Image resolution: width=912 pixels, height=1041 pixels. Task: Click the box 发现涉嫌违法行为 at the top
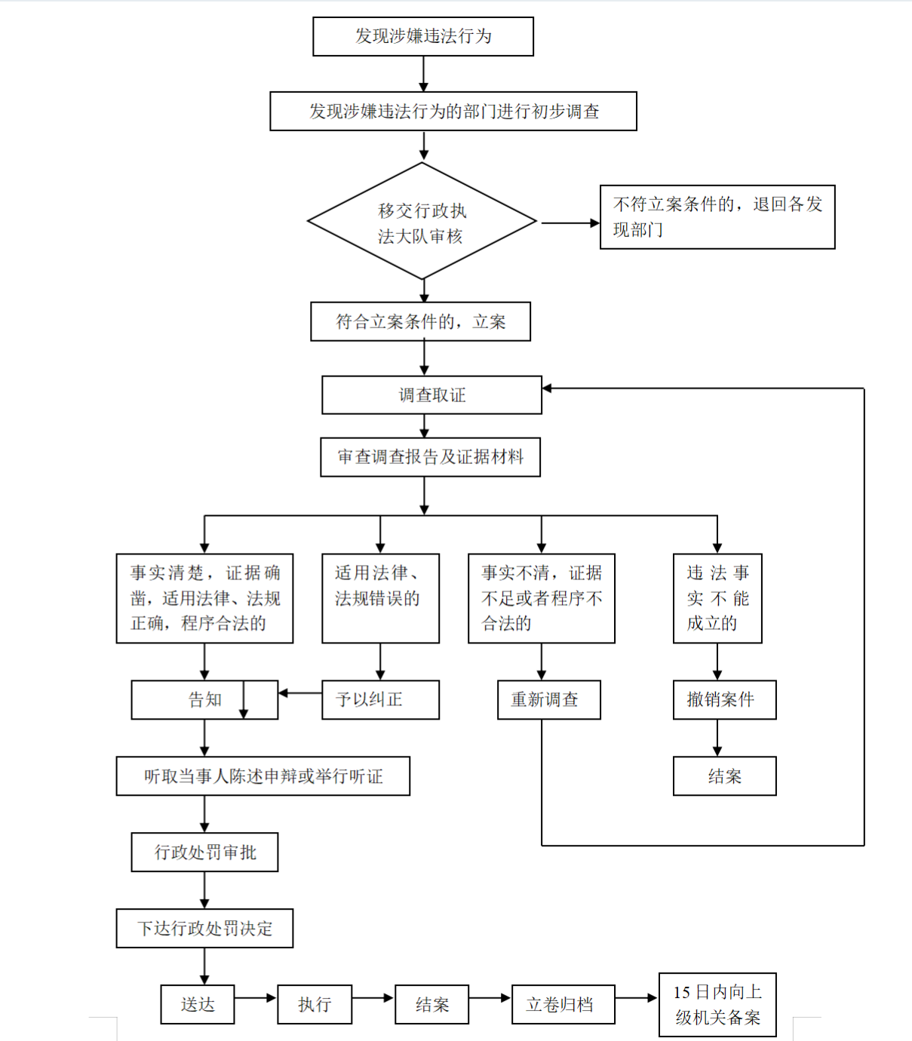[x=423, y=36]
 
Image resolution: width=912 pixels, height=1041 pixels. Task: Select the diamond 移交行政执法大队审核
[x=422, y=222]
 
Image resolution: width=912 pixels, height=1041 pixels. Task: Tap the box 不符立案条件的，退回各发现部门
[x=717, y=217]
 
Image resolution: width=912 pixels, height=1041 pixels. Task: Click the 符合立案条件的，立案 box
[x=421, y=322]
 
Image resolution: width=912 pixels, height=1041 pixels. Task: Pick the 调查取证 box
[x=431, y=395]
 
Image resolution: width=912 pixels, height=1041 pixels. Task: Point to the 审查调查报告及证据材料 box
[x=431, y=457]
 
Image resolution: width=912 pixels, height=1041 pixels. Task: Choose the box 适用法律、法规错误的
[x=380, y=598]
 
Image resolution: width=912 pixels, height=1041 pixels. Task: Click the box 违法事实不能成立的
[x=717, y=598]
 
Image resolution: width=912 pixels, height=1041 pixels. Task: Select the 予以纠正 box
[x=380, y=700]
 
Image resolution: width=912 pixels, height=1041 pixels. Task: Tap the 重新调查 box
[x=549, y=700]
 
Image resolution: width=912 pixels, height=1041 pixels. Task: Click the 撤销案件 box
[x=724, y=700]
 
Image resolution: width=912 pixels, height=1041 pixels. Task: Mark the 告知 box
[x=204, y=700]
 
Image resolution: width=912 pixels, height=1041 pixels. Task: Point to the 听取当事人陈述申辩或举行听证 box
[x=263, y=776]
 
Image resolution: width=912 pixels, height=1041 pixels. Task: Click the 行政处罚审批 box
[x=204, y=852]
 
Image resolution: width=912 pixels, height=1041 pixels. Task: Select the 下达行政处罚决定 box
[x=204, y=929]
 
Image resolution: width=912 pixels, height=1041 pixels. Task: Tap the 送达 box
[x=198, y=1005]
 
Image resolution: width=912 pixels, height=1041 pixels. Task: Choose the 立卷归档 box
[x=563, y=1005]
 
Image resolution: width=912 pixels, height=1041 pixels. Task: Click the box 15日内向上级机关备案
[x=717, y=1005]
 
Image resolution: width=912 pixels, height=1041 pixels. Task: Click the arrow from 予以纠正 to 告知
[x=300, y=692]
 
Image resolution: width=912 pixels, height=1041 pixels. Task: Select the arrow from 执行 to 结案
[x=373, y=998]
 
